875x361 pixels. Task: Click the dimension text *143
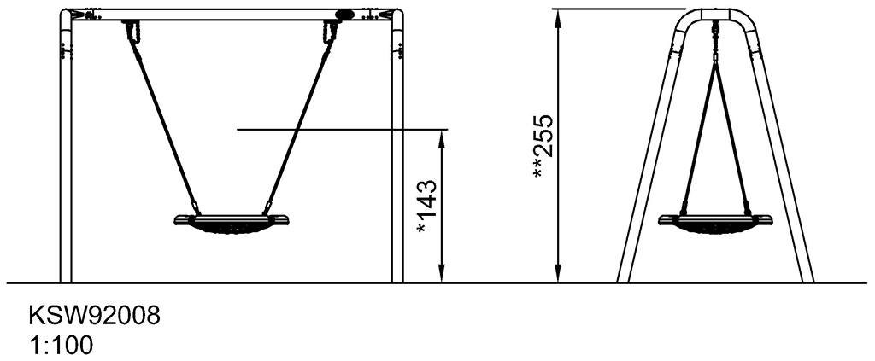tap(427, 207)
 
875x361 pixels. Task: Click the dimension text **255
tap(543, 147)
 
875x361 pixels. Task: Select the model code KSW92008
tap(94, 316)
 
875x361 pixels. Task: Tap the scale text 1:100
tap(62, 346)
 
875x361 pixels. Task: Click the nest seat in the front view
tap(232, 224)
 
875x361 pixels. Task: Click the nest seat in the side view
tap(715, 224)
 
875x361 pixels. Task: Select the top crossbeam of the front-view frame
tap(232, 15)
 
